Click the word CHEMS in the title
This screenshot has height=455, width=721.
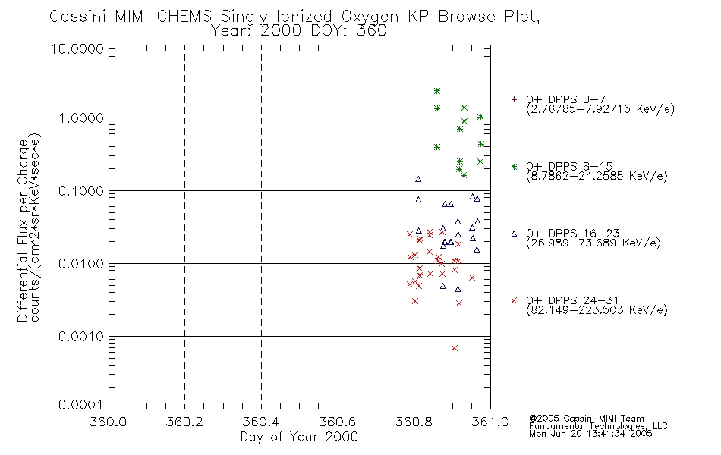pos(184,17)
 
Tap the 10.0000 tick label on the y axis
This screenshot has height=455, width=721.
pos(77,49)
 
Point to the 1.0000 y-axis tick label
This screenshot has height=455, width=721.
pos(81,118)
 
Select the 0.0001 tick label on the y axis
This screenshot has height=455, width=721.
pos(81,404)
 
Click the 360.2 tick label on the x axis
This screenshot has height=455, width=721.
pos(184,422)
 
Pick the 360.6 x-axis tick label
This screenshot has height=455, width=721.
pos(338,422)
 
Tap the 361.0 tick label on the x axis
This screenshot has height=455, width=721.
pos(490,422)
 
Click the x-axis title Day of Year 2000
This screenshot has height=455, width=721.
pos(299,437)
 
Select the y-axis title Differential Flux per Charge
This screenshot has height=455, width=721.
pos(23,230)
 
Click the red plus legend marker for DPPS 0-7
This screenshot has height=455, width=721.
pos(514,99)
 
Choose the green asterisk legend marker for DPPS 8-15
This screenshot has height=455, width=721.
pos(514,166)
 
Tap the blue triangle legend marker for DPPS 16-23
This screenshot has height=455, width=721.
pos(514,234)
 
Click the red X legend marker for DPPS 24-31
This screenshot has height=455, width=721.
pos(514,300)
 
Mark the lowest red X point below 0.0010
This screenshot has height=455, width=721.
pos(455,348)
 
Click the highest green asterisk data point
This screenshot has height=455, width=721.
pos(437,91)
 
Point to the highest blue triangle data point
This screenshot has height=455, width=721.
pos(418,179)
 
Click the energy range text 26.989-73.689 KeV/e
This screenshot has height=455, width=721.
pos(593,243)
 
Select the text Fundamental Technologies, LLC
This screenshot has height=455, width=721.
pos(598,426)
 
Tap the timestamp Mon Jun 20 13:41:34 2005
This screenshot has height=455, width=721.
pos(590,434)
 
